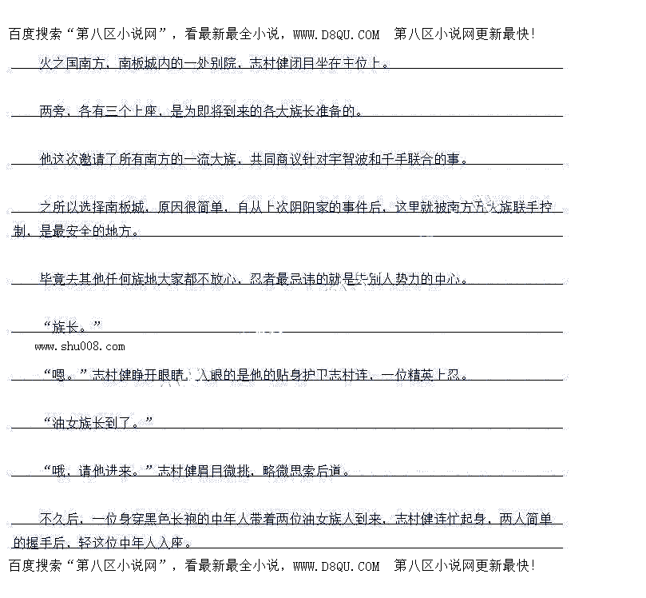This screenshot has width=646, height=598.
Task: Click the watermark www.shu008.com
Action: [80, 346]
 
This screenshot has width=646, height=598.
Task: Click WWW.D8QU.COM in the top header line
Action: [336, 34]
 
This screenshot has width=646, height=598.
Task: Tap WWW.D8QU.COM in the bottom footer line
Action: [336, 566]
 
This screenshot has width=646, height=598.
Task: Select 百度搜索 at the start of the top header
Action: [34, 34]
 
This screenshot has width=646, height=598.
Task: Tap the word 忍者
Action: [263, 279]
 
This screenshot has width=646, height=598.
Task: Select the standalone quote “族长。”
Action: [72, 326]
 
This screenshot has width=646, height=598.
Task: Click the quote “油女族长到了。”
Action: [97, 422]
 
